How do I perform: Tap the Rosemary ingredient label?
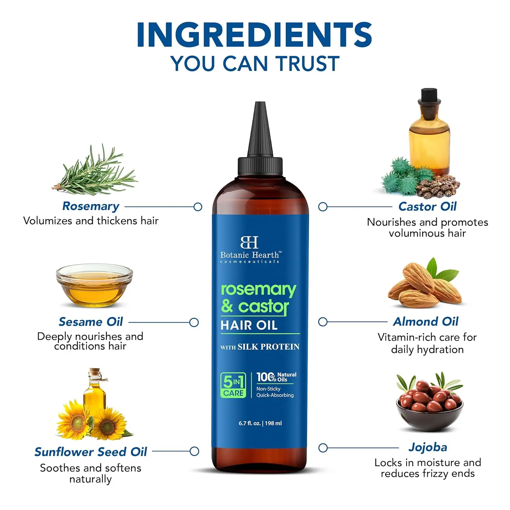[x=91, y=206]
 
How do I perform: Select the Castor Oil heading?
[x=427, y=206]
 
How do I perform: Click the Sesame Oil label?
[x=91, y=322]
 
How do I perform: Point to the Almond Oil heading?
[x=426, y=322]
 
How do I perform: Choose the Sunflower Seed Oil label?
[x=91, y=452]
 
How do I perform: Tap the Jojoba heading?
[x=428, y=447]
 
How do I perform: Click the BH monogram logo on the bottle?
[x=250, y=242]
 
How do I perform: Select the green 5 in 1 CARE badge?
[x=233, y=385]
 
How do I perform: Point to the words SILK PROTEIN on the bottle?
[x=268, y=347]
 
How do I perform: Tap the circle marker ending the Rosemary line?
[x=198, y=207]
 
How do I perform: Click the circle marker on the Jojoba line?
[x=323, y=448]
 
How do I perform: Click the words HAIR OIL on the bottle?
[x=249, y=325]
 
